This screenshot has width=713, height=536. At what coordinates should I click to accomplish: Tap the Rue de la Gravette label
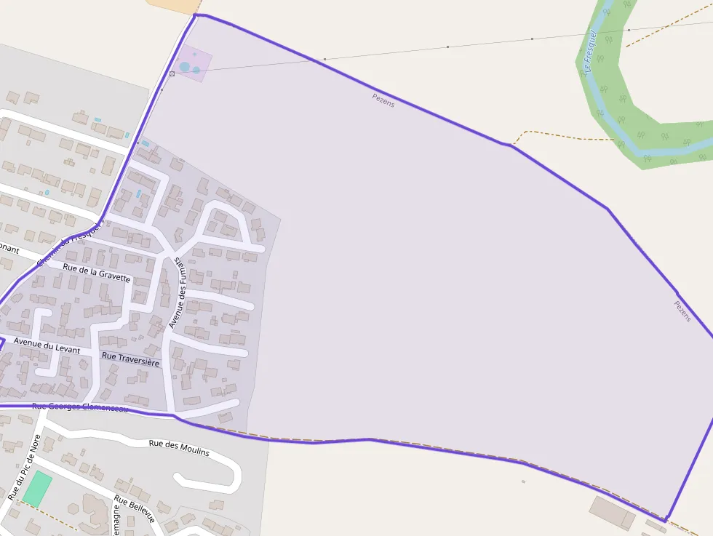[x=97, y=272]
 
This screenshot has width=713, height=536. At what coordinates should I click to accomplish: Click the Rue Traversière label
[x=130, y=359]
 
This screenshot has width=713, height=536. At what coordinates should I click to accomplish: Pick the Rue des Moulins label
[x=178, y=447]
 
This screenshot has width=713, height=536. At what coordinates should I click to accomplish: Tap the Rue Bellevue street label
[x=135, y=508]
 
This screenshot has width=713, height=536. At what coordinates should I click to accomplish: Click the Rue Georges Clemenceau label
[x=80, y=407]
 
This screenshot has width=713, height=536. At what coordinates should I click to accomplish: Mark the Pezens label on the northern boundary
[x=383, y=101]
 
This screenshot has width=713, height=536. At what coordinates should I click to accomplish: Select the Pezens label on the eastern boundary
[x=682, y=311]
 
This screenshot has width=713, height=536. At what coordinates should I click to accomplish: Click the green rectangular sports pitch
[x=37, y=489]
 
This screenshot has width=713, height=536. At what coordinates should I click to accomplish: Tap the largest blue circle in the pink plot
[x=185, y=67]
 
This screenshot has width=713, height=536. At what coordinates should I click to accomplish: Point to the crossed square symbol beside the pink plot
[x=172, y=73]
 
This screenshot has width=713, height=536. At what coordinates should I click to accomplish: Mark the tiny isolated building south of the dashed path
[x=523, y=481]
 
